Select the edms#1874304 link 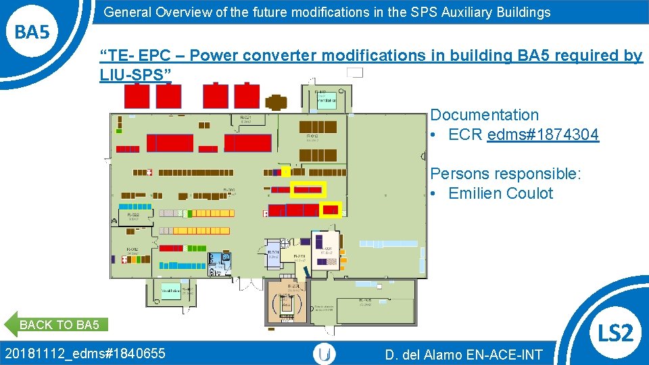click(x=542, y=135)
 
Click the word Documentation click(x=484, y=115)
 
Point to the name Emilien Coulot click(x=500, y=193)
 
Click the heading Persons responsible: click(x=505, y=174)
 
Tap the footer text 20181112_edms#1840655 click(x=85, y=352)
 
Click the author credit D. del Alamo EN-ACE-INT click(x=463, y=354)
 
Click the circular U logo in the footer click(x=324, y=354)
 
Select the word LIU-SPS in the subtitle click(x=131, y=75)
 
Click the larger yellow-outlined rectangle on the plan click(x=308, y=190)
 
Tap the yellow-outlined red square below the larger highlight click(x=331, y=210)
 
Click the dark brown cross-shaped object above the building click(x=276, y=102)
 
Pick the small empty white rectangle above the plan click(x=354, y=72)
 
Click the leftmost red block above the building click(x=137, y=95)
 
